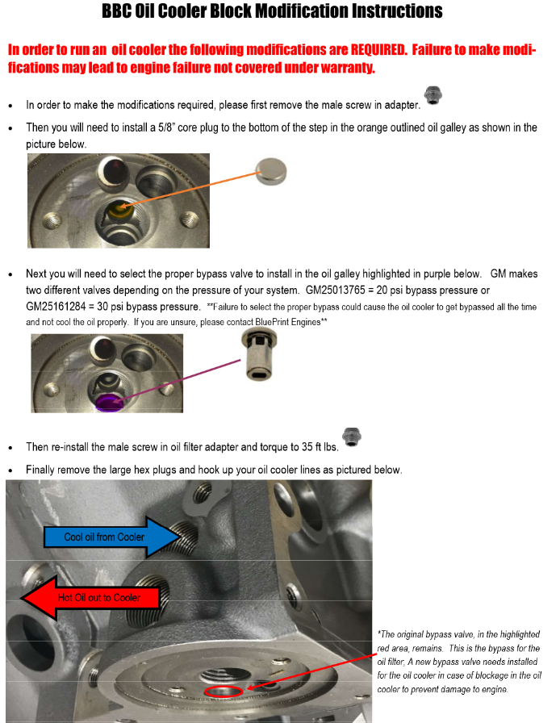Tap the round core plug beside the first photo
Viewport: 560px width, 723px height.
click(x=271, y=171)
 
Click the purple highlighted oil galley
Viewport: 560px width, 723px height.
click(x=107, y=400)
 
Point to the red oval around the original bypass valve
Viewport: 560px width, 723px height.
click(x=224, y=691)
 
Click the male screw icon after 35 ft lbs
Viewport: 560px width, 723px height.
click(x=352, y=437)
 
